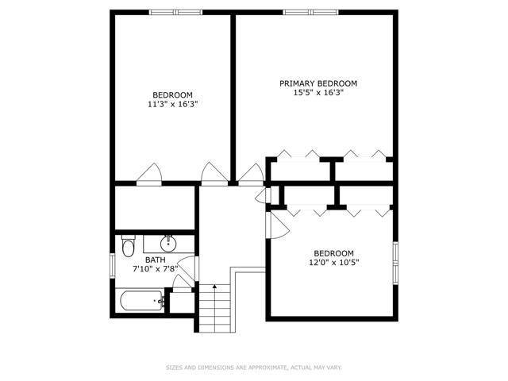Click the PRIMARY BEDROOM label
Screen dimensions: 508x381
[x=318, y=83]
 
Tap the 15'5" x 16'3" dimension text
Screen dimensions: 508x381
[x=318, y=93]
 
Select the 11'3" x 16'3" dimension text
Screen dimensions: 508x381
[x=173, y=104]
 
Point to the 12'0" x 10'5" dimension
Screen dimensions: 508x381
[x=333, y=262]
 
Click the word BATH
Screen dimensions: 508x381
[x=156, y=260]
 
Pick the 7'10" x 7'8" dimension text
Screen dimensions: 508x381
[x=156, y=268]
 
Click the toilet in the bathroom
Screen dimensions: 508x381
[x=129, y=246]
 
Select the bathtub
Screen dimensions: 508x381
[x=142, y=301]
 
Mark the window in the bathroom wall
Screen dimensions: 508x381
[x=113, y=266]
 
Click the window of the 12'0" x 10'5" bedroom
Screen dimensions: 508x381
[x=395, y=263]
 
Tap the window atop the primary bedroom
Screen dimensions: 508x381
[x=310, y=13]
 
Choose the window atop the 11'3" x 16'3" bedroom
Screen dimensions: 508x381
[x=176, y=13]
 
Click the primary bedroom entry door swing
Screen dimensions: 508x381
[x=251, y=175]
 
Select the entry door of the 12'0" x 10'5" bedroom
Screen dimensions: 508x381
[x=277, y=225]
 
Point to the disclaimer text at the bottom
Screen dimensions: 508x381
[x=254, y=368]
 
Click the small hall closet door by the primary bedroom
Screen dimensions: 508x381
[x=263, y=195]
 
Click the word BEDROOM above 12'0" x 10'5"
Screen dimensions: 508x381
[x=333, y=253]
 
